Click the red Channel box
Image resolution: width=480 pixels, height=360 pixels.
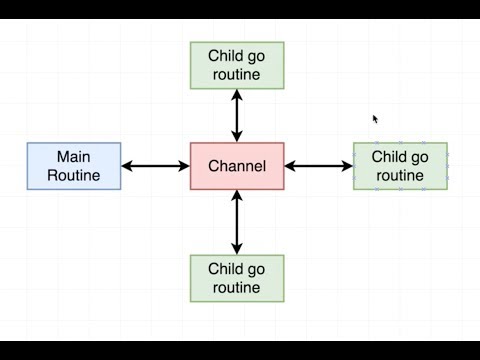(237, 166)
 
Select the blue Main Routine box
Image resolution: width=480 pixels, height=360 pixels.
(73, 166)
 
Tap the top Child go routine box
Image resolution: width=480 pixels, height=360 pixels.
(237, 65)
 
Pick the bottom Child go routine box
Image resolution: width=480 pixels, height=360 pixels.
(237, 278)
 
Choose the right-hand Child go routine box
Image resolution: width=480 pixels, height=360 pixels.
(400, 166)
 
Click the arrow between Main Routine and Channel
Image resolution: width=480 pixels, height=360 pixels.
(155, 166)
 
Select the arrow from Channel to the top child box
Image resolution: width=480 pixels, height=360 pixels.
(237, 115)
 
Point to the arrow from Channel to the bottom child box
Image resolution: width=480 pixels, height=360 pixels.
(237, 222)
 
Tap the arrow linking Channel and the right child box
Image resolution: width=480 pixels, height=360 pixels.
(318, 166)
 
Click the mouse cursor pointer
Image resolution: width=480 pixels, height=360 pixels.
(376, 119)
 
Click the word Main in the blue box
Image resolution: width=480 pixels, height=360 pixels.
(73, 156)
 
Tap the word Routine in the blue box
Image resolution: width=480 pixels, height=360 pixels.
(73, 175)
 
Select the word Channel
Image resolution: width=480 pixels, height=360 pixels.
(237, 166)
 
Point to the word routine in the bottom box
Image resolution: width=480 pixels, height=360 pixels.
(237, 288)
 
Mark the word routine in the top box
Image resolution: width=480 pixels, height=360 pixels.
(237, 75)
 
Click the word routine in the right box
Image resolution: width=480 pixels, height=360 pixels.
(400, 175)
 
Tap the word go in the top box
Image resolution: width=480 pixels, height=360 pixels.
(257, 57)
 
